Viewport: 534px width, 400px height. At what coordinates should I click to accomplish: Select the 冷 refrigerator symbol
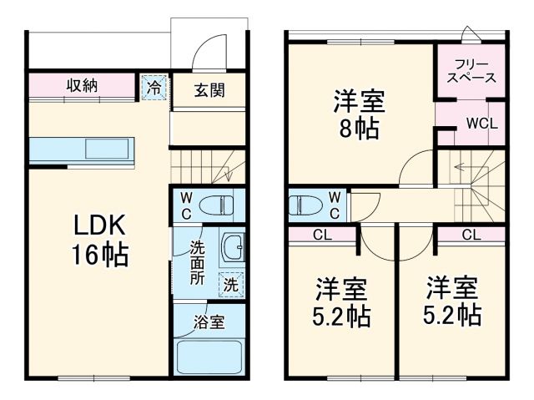[x=154, y=86]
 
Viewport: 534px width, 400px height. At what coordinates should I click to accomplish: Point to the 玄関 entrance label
[x=209, y=91]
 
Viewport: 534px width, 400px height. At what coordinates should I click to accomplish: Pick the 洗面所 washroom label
[x=197, y=262]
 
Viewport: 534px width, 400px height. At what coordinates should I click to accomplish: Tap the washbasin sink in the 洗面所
[x=234, y=248]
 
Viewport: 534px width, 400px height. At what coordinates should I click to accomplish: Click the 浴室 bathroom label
[x=209, y=322]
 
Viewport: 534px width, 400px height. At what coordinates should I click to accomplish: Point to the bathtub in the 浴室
[x=209, y=357]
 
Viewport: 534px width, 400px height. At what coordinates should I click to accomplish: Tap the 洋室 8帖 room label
[x=360, y=115]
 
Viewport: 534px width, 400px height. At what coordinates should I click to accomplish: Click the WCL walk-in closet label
[x=481, y=124]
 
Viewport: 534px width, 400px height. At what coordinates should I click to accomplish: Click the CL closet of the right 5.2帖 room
[x=470, y=234]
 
